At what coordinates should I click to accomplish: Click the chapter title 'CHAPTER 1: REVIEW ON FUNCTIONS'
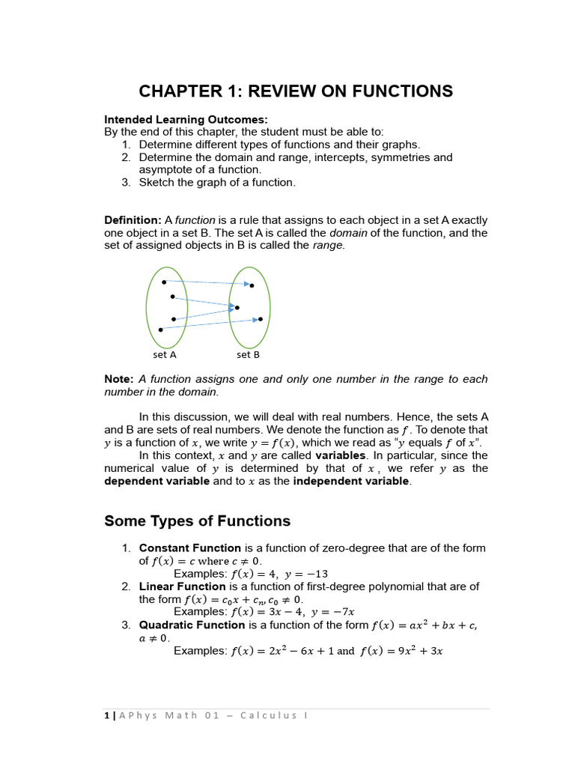click(296, 91)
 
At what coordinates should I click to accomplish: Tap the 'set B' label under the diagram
click(248, 355)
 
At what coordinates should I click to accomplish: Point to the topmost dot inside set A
click(164, 282)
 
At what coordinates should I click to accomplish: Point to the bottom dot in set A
click(160, 330)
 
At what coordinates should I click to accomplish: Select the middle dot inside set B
click(237, 307)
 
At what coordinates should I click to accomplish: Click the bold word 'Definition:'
click(132, 220)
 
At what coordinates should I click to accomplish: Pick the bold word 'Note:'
click(119, 379)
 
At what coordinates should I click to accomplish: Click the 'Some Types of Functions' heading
click(197, 521)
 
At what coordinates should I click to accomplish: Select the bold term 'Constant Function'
click(190, 548)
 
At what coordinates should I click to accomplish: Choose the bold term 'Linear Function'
click(182, 586)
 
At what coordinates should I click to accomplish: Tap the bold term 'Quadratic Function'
click(192, 625)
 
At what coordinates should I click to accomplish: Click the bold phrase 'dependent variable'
click(156, 481)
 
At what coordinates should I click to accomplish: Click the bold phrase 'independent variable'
click(351, 481)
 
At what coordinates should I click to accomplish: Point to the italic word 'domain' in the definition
click(348, 233)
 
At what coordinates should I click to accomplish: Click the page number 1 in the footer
click(106, 715)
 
